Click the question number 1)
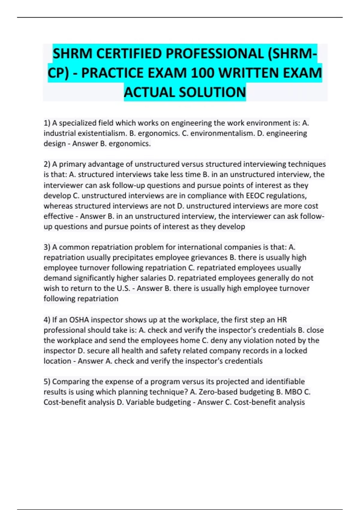coord(47,123)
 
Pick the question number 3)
coord(47,247)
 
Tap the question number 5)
coord(47,382)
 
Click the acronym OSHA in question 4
coord(79,320)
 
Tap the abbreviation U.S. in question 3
coord(123,288)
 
